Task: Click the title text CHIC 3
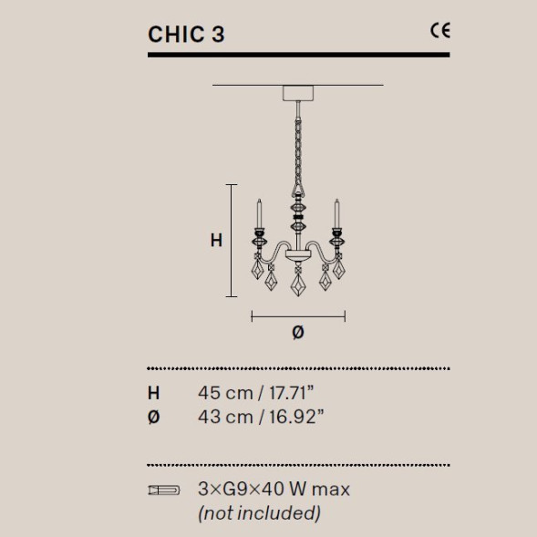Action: [186, 34]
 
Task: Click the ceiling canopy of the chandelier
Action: [297, 93]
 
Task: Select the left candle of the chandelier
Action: [258, 215]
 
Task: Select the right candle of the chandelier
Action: [336, 215]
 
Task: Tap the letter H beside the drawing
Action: [216, 241]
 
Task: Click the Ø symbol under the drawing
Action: [297, 333]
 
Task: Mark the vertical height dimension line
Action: [232, 241]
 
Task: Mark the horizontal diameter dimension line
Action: [297, 316]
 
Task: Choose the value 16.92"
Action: [293, 417]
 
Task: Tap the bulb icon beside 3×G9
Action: [163, 491]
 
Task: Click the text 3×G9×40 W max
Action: [274, 490]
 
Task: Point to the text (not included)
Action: [259, 513]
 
